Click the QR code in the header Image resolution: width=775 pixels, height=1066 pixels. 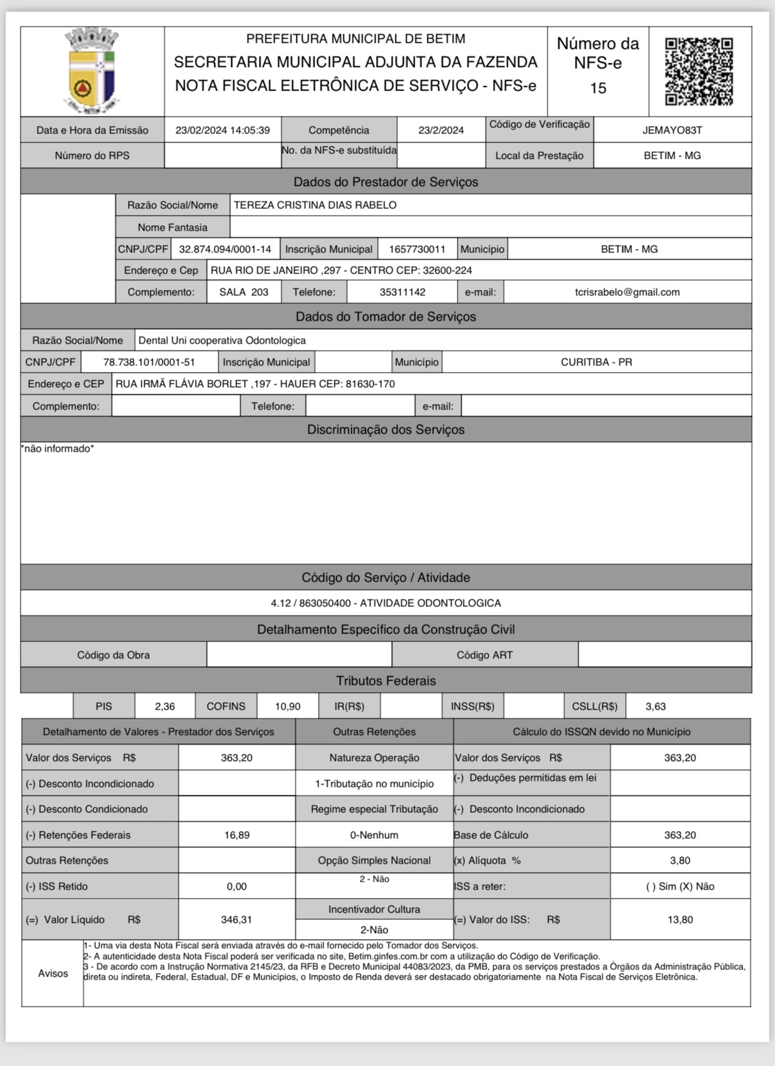click(699, 71)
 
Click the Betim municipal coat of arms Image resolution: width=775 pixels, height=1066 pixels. click(92, 71)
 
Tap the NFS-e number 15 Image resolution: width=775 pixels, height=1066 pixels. click(598, 88)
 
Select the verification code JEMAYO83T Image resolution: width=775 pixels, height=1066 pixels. click(672, 130)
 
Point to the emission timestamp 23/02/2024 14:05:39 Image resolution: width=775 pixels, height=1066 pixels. click(222, 130)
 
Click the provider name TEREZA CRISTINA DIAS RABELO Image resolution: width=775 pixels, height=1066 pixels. click(315, 205)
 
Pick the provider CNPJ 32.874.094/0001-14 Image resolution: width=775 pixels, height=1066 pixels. click(225, 249)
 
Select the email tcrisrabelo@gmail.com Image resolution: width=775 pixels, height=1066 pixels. click(627, 292)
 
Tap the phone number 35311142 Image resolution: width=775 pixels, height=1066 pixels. click(402, 292)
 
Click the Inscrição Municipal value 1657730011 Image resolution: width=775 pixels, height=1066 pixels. click(417, 249)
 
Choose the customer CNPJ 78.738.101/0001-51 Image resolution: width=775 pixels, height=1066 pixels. click(149, 362)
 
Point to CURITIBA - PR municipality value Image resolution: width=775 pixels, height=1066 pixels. click(596, 362)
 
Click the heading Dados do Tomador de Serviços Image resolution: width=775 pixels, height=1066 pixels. click(386, 316)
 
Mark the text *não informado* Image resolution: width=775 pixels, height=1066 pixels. click(58, 449)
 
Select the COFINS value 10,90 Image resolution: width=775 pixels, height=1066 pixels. click(287, 706)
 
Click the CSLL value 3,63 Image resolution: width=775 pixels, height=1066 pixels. click(655, 706)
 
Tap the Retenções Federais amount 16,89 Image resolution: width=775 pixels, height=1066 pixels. click(237, 835)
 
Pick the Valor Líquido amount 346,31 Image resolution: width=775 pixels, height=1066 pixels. click(237, 919)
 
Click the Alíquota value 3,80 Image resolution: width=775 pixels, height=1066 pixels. click(680, 860)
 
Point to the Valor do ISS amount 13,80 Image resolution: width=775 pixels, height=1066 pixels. click(680, 919)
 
